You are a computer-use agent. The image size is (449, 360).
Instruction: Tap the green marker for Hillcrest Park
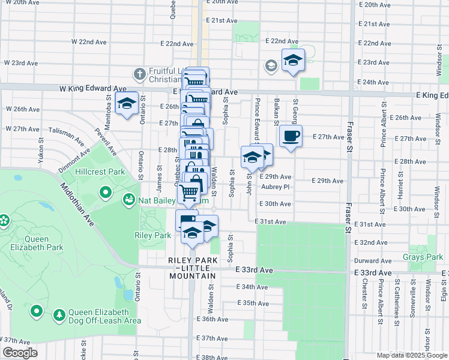click(106, 193)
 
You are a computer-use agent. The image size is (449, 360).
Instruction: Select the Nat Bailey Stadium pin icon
click(128, 199)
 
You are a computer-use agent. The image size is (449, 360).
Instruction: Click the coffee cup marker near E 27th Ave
click(291, 136)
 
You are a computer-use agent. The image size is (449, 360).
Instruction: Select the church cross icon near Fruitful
click(139, 74)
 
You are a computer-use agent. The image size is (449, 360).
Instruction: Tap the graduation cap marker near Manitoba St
click(127, 103)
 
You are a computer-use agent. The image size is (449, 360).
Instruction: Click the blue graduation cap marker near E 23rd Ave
click(293, 59)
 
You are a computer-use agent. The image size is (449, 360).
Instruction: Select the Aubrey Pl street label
click(276, 187)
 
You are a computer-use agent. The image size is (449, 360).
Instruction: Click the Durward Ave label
click(373, 261)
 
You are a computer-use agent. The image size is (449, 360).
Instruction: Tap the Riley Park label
click(153, 236)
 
